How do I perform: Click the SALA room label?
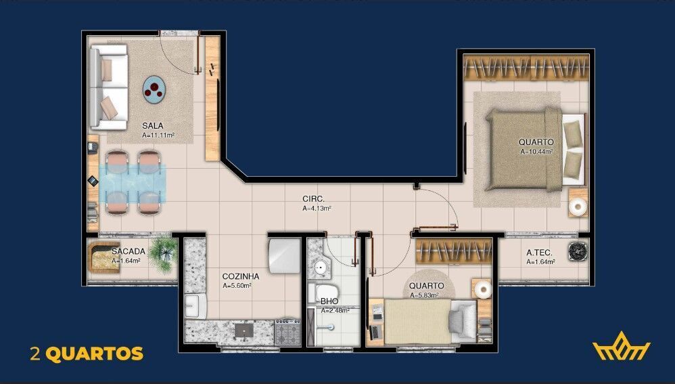coord(152,125)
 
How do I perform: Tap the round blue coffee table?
coord(155,89)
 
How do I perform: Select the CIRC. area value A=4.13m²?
coord(317,209)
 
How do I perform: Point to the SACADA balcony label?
coord(129,251)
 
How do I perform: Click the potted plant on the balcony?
coord(163,252)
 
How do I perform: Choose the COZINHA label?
coord(240,276)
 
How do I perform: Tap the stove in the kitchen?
coord(287,332)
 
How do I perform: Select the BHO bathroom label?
coord(329,301)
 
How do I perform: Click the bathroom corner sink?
coord(321,268)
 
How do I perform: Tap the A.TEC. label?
coord(540,253)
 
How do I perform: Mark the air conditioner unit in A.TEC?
coord(578,252)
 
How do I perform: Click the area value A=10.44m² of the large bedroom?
coord(536,152)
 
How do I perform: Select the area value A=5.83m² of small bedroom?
coord(425,295)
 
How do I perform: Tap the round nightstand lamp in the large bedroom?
coord(578,207)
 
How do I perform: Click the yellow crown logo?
coord(621,349)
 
